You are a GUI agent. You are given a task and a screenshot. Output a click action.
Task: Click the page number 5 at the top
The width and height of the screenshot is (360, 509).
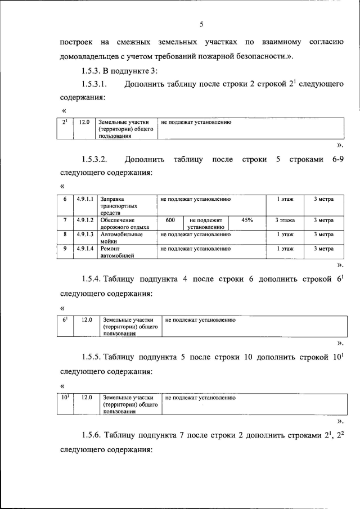click(x=200, y=24)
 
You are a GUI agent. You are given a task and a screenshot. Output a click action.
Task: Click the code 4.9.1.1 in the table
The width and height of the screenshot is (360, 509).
click(x=85, y=199)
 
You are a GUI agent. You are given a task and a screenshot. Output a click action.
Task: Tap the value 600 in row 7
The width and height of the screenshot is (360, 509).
click(x=169, y=220)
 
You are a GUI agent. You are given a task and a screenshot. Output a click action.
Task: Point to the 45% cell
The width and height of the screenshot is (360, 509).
click(x=246, y=220)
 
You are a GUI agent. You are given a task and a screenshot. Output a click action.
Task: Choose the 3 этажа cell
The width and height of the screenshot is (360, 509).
click(x=285, y=220)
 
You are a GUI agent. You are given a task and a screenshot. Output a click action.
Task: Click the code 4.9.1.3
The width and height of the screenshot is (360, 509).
click(x=85, y=234)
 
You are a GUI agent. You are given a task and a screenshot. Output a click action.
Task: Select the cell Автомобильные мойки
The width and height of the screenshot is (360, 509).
click(x=121, y=237)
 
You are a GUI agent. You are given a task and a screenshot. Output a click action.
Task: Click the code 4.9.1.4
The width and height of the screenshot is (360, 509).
click(x=85, y=248)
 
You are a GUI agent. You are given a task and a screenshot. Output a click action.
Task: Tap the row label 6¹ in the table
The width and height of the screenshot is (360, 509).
click(x=65, y=319)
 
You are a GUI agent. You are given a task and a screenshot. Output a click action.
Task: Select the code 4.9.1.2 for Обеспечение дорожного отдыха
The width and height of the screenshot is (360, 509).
click(x=85, y=220)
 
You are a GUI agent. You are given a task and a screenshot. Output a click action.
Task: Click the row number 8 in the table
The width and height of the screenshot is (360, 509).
click(x=65, y=234)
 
